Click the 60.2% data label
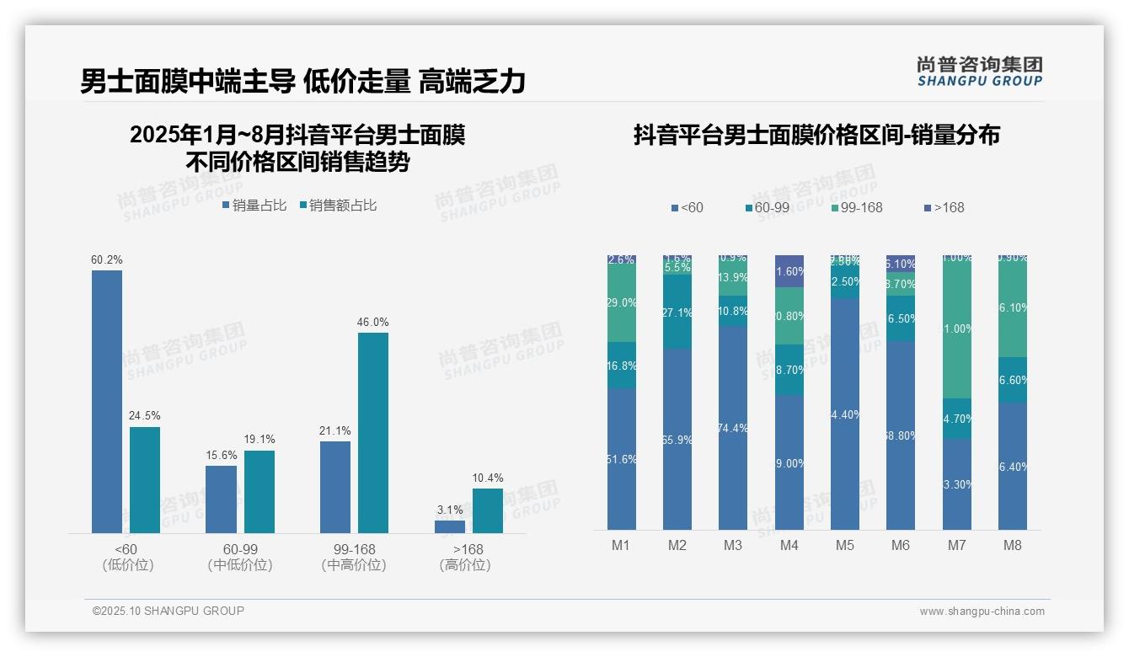(107, 260)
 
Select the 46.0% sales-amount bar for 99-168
(373, 432)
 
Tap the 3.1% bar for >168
(450, 526)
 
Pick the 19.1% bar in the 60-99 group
(260, 491)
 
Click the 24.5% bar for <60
(145, 479)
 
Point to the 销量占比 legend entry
(254, 206)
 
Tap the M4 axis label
(789, 545)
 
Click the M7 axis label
(956, 545)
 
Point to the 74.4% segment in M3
(733, 428)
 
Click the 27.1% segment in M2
(677, 312)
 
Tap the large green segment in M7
(956, 328)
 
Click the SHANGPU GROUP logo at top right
(979, 72)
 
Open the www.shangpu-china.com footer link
(982, 612)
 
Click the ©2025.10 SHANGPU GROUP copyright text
(169, 611)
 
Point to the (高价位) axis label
(465, 565)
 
